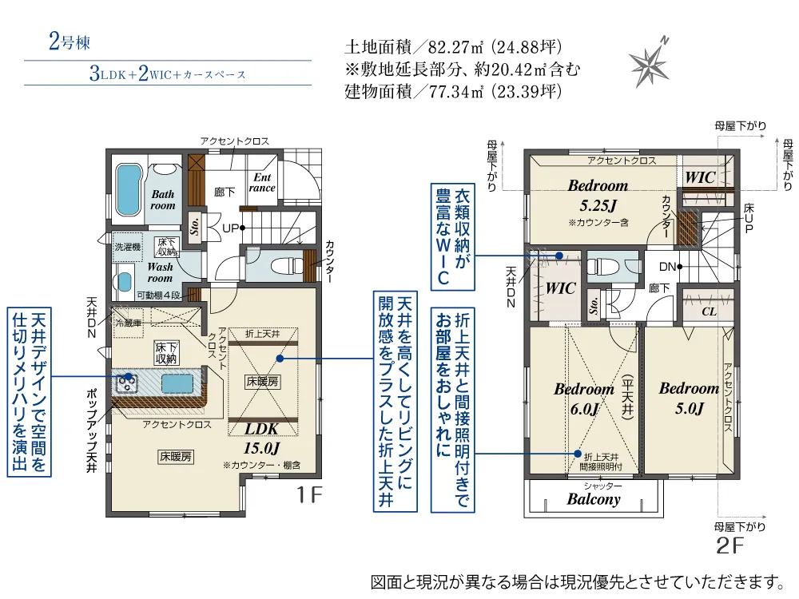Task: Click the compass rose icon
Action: point(651,61)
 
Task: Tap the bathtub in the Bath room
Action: point(127,191)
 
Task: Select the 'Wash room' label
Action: point(160,272)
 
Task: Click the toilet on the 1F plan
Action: point(279,266)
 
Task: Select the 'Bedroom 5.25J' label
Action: point(598,193)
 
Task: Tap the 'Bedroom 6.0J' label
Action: point(583,399)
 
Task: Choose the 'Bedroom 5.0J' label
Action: point(689,398)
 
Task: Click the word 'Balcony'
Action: point(594,499)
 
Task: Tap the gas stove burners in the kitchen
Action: point(128,383)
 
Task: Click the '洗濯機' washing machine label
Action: point(127,247)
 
